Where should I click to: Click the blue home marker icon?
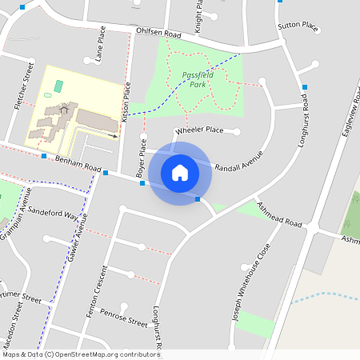[x=180, y=172]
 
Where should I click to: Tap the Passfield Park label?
[x=196, y=78]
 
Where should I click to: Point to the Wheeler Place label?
[x=198, y=130]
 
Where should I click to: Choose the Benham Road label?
[x=79, y=165]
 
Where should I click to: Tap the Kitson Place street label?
[x=126, y=105]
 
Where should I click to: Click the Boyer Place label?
[x=142, y=158]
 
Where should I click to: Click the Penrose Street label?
[x=124, y=318]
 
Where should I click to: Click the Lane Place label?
[x=101, y=44]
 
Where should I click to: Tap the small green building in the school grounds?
[x=58, y=86]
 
